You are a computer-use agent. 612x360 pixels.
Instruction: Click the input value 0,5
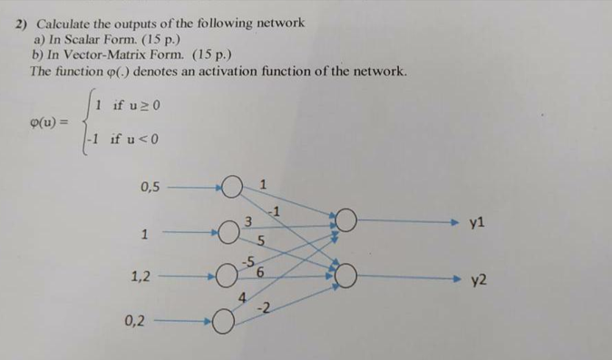tap(150, 188)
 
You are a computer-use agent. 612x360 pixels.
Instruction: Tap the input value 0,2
tap(141, 319)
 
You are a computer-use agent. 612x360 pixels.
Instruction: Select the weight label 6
tap(261, 271)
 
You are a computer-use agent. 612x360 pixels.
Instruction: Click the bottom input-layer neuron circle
tap(224, 321)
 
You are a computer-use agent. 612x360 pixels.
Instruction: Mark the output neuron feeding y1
tap(346, 220)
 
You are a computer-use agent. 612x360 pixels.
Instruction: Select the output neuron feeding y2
tap(347, 275)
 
